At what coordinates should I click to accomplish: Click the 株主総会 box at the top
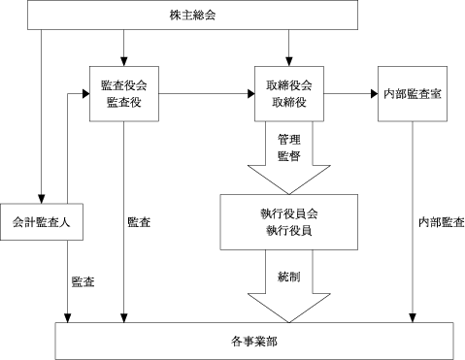192,15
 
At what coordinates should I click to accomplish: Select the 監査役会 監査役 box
124,94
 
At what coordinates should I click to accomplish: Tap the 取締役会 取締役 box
289,94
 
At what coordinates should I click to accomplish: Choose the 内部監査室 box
413,94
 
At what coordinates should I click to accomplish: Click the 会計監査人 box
42,222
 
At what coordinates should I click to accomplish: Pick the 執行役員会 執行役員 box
289,222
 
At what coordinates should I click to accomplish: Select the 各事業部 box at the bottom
254,341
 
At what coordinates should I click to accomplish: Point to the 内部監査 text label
442,222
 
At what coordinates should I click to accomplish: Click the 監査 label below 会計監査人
83,281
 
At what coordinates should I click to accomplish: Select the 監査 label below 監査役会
139,222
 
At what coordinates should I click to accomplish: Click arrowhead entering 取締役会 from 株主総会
289,62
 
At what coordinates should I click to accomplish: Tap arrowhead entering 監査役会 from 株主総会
124,62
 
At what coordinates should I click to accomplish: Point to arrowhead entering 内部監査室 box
374,94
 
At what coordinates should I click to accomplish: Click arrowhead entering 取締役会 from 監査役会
250,94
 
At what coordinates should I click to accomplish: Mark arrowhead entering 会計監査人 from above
41,199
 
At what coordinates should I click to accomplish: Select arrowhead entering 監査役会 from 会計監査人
85,94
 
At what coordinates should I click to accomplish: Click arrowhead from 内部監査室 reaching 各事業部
413,318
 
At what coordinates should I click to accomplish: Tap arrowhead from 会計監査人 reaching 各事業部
67,318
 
